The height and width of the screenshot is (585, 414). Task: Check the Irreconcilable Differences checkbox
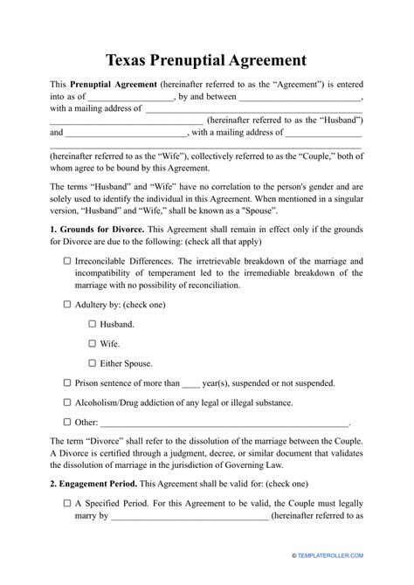68,261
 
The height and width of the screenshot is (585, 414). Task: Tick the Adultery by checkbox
68,306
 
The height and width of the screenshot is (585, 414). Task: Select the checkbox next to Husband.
93,324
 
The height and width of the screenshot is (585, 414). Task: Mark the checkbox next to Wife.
93,343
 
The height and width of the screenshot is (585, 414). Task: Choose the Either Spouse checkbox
93,362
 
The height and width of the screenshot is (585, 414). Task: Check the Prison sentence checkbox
68,382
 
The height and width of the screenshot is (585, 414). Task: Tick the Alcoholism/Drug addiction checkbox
68,403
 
